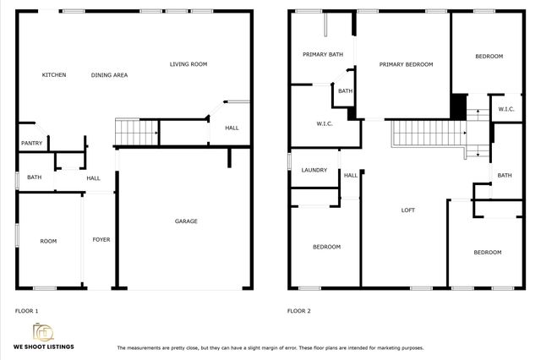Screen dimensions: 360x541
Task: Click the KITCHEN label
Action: point(54,75)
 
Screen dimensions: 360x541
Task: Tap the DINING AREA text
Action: point(109,75)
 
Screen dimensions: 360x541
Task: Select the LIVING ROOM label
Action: point(188,64)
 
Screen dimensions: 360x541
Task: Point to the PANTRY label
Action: point(31,144)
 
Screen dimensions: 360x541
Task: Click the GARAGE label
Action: point(186,221)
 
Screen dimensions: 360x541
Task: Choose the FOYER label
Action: point(101,240)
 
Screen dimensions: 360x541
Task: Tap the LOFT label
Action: point(407,210)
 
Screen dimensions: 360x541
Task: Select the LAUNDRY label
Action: point(314,170)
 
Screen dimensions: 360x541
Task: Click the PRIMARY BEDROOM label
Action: point(406,64)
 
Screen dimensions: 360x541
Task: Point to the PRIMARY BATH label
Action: point(323,54)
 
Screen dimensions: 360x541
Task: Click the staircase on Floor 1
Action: point(137,132)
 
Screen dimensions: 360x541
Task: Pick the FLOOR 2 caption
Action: point(298,311)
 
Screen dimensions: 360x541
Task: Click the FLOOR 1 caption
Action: point(26,311)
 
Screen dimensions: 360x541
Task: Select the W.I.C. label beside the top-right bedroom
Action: point(506,109)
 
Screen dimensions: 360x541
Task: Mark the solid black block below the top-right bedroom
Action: point(458,106)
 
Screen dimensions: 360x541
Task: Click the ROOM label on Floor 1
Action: point(49,242)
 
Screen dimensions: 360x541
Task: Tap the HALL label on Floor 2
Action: point(350,175)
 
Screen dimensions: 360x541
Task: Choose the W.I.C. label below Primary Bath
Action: point(324,124)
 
